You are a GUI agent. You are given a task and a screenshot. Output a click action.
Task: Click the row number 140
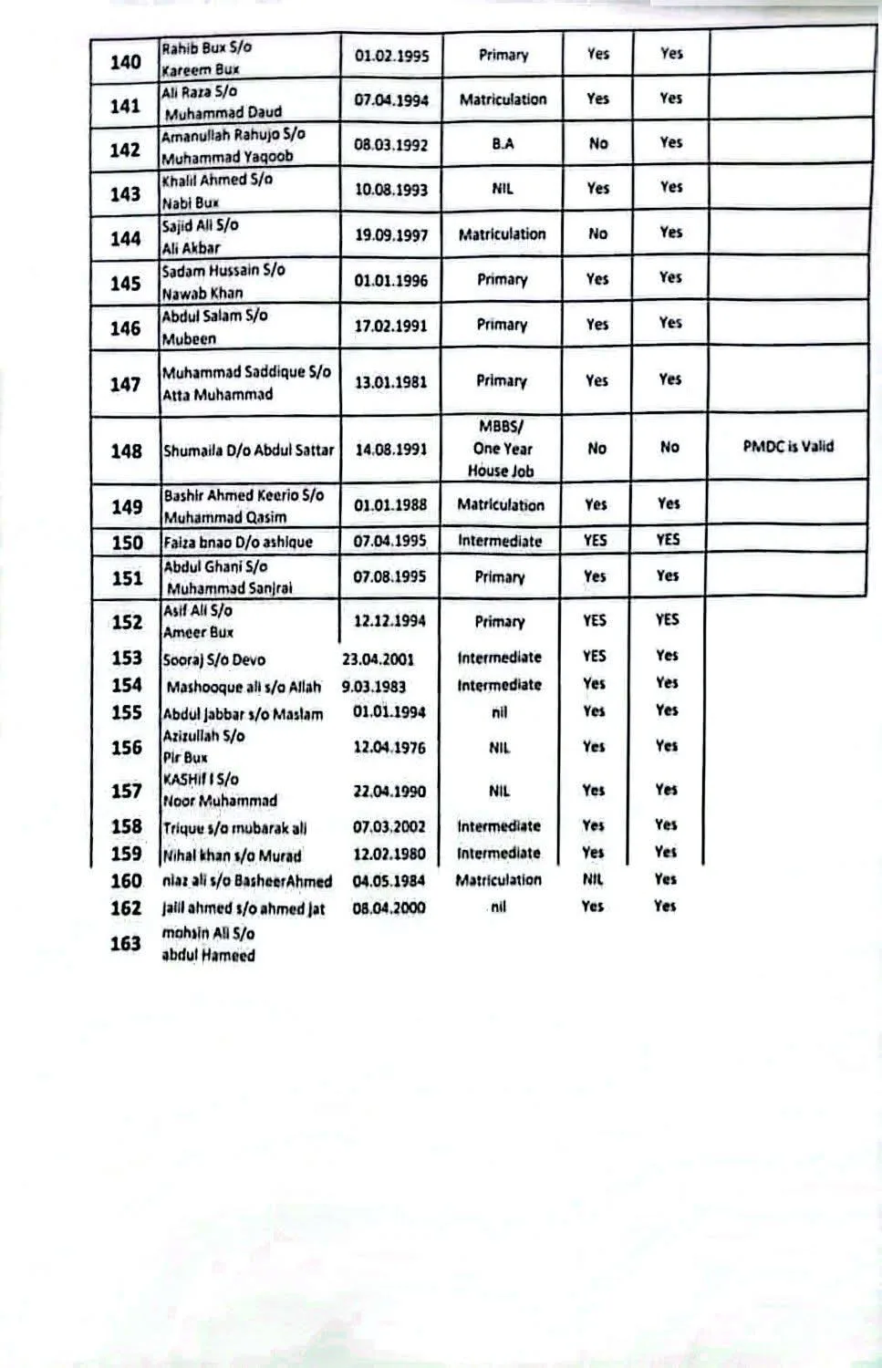point(125,62)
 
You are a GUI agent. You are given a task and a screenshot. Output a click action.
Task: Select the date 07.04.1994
point(391,100)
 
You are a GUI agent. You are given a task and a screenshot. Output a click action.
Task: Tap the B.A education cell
point(503,144)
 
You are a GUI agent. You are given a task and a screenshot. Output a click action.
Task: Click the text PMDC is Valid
point(788,447)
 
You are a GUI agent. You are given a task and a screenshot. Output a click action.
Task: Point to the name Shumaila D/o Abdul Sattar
point(249,451)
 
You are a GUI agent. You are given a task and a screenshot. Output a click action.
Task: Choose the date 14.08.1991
point(390,450)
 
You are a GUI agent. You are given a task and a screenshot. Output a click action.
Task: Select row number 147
point(125,384)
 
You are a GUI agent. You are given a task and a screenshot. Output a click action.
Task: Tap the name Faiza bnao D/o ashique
point(237,542)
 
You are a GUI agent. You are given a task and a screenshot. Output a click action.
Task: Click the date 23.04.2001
point(371,658)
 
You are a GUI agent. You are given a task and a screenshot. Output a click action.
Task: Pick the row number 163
point(125,944)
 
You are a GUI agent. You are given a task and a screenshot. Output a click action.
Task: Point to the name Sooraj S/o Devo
point(214,659)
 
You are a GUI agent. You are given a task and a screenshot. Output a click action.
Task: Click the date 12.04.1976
point(389,748)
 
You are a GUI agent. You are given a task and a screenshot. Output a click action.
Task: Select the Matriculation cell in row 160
point(498,880)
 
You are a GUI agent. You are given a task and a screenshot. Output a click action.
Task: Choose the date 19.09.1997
point(391,235)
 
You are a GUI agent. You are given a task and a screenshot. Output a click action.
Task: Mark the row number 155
point(126,713)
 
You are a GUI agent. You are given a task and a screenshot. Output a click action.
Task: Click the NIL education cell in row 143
point(503,189)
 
